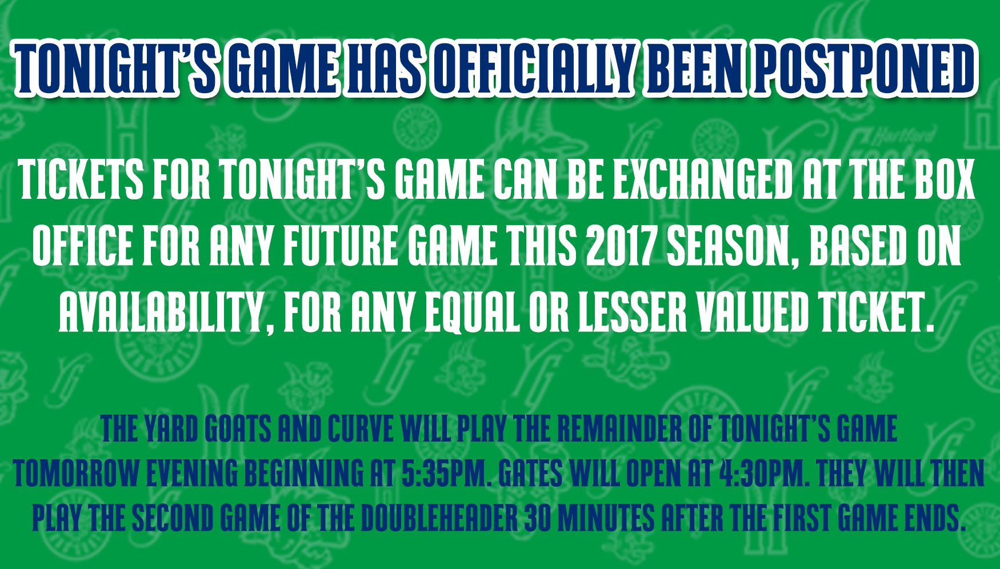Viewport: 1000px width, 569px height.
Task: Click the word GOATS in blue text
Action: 238,430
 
